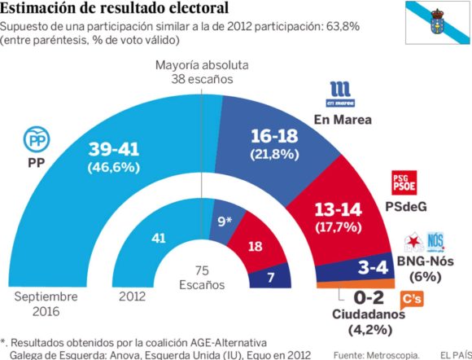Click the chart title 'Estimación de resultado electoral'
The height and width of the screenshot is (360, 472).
point(114,9)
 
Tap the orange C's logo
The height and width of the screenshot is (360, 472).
point(413,300)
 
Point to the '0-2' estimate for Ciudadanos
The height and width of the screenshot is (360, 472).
point(370,298)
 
